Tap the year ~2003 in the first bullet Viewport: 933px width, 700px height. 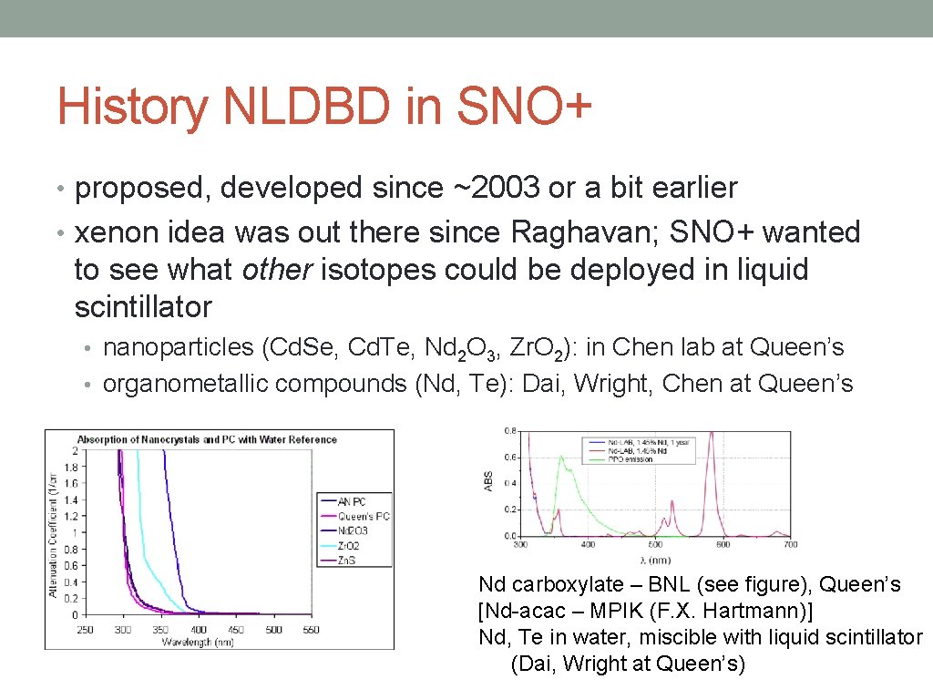pyautogui.click(x=493, y=188)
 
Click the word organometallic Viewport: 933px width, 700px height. pyautogui.click(x=178, y=384)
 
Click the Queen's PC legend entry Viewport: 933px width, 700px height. pyautogui.click(x=363, y=516)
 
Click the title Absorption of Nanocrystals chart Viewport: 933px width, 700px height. pyautogui.click(x=207, y=439)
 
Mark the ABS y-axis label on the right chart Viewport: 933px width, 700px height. pyautogui.click(x=489, y=480)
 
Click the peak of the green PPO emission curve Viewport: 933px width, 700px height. pyautogui.click(x=562, y=457)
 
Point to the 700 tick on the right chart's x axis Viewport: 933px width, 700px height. pyautogui.click(x=789, y=545)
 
